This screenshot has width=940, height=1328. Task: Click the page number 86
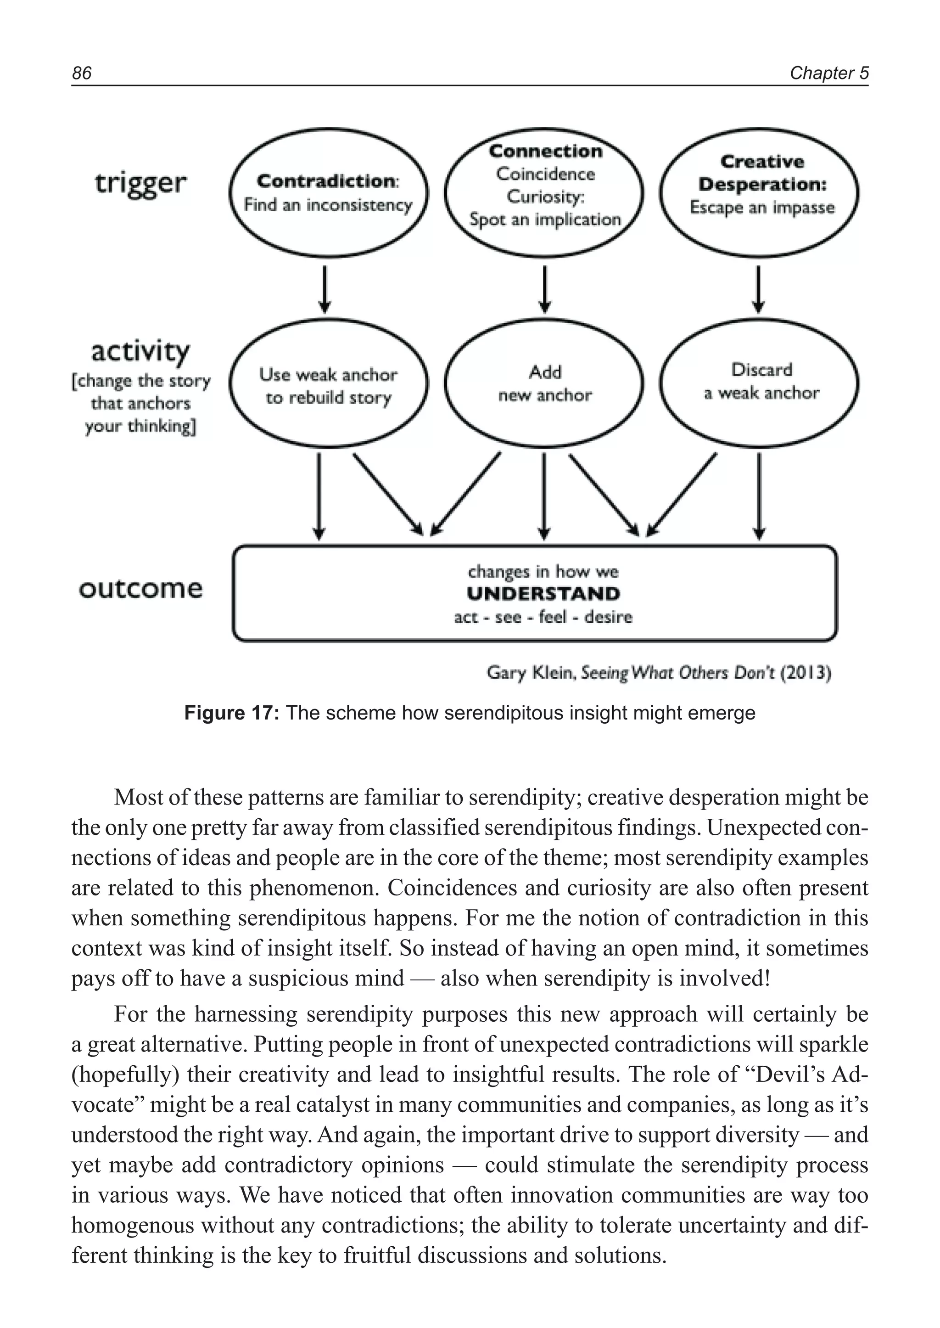pyautogui.click(x=82, y=73)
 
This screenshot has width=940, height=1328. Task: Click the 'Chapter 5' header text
pyautogui.click(x=829, y=73)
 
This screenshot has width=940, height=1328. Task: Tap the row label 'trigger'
pyautogui.click(x=140, y=184)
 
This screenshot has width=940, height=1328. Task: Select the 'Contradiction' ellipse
pyautogui.click(x=328, y=193)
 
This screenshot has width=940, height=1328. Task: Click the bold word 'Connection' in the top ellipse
pyautogui.click(x=545, y=151)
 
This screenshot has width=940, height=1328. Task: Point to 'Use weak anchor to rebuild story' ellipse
pyautogui.click(x=328, y=385)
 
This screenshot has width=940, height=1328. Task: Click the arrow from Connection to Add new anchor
pyautogui.click(x=544, y=288)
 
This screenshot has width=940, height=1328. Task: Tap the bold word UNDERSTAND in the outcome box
pyautogui.click(x=543, y=594)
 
